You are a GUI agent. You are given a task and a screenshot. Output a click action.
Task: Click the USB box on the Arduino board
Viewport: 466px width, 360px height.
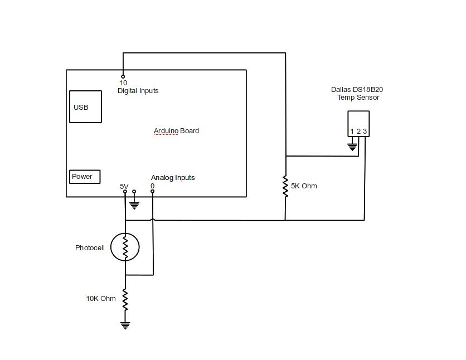(x=85, y=106)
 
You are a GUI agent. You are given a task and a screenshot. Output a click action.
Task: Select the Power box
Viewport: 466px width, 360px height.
(x=85, y=177)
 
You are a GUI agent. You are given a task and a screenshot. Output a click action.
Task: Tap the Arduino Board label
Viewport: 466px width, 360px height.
(x=176, y=131)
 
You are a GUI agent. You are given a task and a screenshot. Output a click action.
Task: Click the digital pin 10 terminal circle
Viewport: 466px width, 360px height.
(x=123, y=76)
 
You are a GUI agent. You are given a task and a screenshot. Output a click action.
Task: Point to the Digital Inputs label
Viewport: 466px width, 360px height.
(x=138, y=91)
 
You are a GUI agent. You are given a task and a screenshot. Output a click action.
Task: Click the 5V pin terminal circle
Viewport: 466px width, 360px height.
(x=125, y=192)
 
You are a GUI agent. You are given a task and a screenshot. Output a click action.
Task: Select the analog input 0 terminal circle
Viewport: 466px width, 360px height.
(x=153, y=192)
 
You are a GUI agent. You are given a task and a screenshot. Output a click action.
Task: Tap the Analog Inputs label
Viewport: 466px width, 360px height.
(x=173, y=178)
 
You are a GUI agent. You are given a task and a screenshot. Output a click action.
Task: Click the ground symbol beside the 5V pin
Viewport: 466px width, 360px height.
(x=134, y=204)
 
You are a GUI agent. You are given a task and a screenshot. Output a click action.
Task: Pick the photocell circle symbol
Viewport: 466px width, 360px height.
(x=125, y=247)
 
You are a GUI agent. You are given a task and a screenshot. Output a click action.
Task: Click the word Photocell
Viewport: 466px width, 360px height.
(x=90, y=248)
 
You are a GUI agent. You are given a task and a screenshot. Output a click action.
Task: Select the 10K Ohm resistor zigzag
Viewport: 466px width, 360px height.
(x=125, y=300)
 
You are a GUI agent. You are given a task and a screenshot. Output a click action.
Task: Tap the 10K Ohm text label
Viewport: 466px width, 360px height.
(x=101, y=299)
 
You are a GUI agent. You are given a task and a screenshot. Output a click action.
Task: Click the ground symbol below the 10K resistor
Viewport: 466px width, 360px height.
(x=125, y=325)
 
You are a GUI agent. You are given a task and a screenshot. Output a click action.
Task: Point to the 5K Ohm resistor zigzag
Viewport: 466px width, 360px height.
(x=285, y=187)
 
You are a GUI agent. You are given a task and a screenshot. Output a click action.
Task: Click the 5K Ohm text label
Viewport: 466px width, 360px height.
(x=304, y=186)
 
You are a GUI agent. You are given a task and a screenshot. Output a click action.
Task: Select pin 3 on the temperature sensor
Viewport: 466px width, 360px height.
(x=365, y=132)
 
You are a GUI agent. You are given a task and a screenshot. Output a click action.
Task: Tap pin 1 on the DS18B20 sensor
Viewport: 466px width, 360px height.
(x=352, y=132)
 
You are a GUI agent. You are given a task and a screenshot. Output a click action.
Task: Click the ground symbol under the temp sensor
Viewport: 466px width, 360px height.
(x=352, y=147)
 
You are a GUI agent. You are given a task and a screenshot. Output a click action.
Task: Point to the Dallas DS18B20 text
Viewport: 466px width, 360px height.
(x=357, y=90)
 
